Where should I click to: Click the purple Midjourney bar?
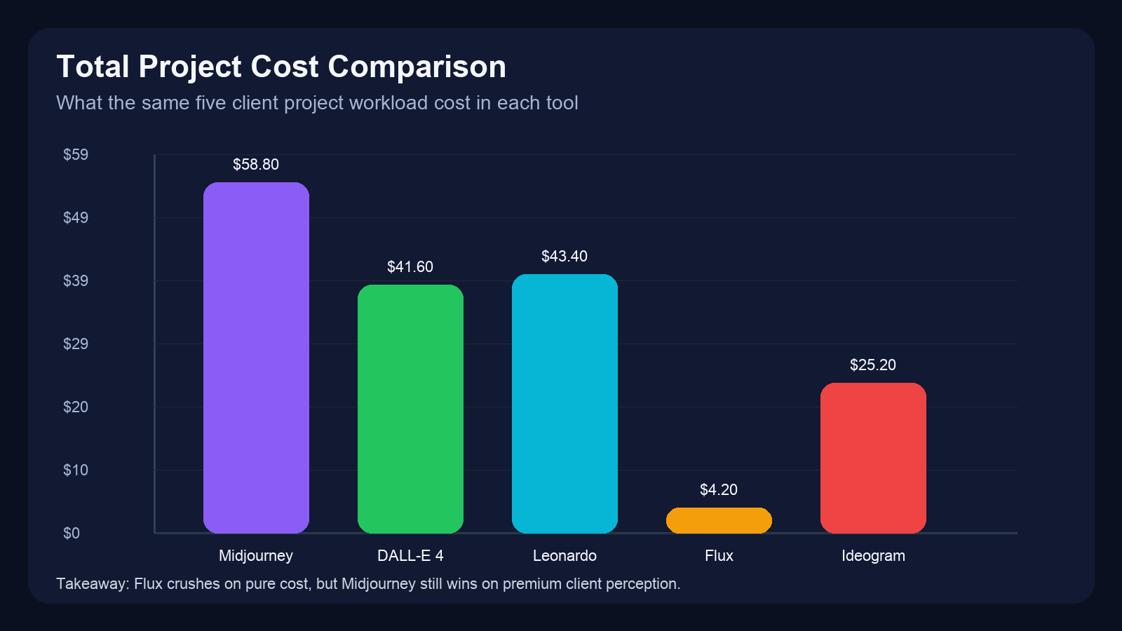tap(256, 358)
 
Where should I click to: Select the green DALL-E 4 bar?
tap(410, 409)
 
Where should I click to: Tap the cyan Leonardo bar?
tap(565, 403)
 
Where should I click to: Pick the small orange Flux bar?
tap(719, 520)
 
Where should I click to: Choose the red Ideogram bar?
tap(873, 458)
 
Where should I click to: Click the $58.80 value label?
tap(256, 165)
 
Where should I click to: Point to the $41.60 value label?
tap(410, 267)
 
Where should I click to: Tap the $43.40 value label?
tap(565, 257)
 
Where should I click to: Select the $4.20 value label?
tap(719, 490)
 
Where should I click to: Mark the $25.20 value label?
tap(873, 365)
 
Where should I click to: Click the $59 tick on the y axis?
tap(76, 155)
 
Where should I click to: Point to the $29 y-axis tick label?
tap(76, 344)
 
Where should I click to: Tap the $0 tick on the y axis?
tap(72, 534)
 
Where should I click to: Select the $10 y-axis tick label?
tap(76, 470)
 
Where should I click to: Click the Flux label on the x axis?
tap(719, 556)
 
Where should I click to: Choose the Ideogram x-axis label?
tap(873, 556)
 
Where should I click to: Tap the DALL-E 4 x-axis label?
tap(410, 556)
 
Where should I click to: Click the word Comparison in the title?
tap(417, 67)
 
